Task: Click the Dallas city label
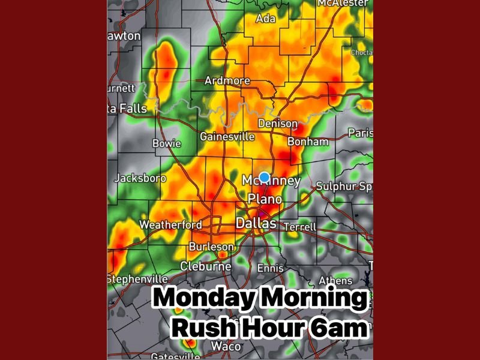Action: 256,223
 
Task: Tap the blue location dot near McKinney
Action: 264,177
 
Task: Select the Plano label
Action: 265,199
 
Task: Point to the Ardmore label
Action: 227,81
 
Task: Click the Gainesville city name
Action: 227,137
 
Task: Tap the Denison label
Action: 277,124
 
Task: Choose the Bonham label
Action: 308,142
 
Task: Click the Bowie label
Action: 167,143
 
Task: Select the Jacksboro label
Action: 140,178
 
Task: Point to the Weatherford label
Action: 170,225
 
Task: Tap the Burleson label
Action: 211,247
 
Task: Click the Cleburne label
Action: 206,266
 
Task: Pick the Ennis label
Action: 270,268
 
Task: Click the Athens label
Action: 335,280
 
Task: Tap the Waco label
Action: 227,346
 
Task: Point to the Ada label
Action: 265,19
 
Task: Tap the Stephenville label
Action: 137,279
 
